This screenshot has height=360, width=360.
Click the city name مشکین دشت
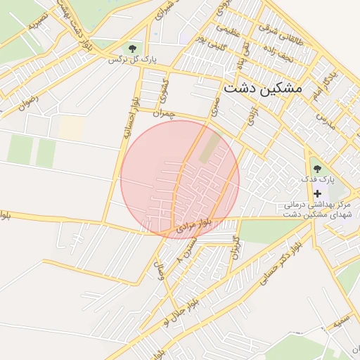click(262, 89)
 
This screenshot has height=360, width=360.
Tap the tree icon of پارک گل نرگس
click(131, 48)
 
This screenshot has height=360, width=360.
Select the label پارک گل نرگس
click(131, 60)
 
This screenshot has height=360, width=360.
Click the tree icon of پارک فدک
click(317, 169)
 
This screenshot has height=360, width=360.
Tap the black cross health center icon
click(317, 193)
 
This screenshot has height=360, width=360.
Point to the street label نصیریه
click(38, 19)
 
